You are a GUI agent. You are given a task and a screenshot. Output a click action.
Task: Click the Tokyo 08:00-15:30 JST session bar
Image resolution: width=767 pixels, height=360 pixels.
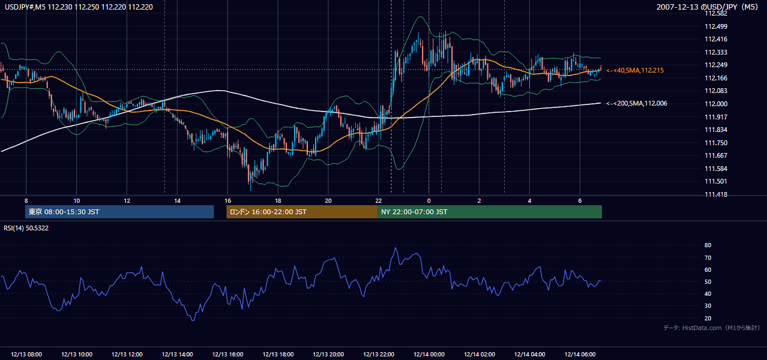[x=119, y=212]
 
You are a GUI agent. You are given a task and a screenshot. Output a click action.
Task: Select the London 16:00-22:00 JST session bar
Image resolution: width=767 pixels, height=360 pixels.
[x=302, y=212]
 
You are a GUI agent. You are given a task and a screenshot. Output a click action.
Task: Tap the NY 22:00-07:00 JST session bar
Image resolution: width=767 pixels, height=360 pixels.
[x=490, y=212]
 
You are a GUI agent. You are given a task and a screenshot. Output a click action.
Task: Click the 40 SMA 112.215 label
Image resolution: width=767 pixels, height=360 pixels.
[x=635, y=70]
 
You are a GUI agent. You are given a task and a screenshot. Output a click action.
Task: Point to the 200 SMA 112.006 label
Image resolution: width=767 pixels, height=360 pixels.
[x=637, y=103]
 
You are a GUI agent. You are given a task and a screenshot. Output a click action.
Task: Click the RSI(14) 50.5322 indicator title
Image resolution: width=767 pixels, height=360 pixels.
[x=26, y=228]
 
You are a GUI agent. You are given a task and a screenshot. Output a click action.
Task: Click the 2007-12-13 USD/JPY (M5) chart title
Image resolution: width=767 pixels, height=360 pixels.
[x=707, y=7]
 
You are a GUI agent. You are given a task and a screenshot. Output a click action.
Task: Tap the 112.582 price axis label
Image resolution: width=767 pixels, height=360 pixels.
[x=715, y=14]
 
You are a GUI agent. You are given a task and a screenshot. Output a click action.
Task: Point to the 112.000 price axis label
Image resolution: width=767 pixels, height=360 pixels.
[x=715, y=104]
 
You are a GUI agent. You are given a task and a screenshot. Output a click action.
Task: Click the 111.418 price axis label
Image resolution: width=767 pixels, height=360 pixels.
[x=715, y=194]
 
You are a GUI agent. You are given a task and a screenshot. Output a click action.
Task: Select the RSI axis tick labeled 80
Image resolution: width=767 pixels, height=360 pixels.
[x=708, y=245]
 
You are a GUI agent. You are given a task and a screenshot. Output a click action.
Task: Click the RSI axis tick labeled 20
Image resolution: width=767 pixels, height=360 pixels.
[x=708, y=318]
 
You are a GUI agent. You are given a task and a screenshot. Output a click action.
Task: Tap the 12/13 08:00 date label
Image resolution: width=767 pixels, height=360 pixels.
[x=26, y=354]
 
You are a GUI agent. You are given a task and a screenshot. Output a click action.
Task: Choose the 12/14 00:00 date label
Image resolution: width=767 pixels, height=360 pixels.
[x=429, y=354]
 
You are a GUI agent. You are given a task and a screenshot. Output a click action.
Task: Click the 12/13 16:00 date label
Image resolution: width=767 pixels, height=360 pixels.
[x=227, y=354]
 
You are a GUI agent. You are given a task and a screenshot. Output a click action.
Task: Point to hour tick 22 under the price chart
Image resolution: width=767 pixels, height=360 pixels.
[x=378, y=201]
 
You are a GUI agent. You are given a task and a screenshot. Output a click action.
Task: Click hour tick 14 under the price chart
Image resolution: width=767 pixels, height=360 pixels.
[x=177, y=201]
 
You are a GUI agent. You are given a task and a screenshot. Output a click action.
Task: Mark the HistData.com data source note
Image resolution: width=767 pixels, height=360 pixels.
[x=711, y=328]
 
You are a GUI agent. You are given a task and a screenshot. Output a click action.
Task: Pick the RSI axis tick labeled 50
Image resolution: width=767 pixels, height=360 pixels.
[x=708, y=281]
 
